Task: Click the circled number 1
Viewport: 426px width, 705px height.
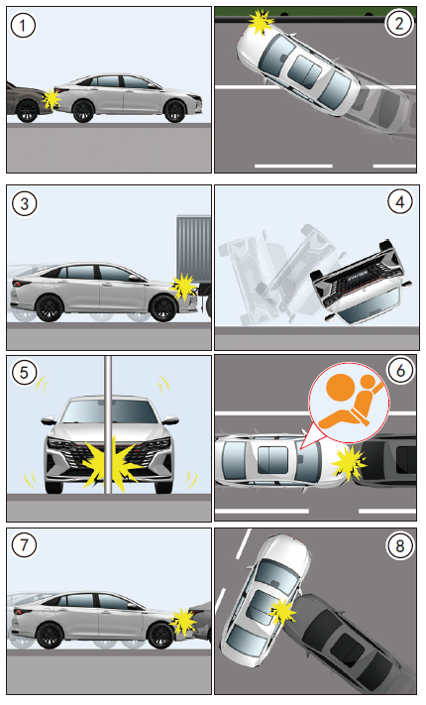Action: point(23,26)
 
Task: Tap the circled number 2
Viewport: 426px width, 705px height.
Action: point(399,24)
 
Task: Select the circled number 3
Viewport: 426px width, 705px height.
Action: point(24,203)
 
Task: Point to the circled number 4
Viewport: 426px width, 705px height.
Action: point(399,202)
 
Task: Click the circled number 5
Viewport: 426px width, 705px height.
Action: point(24,372)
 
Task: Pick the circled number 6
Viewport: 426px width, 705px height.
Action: point(399,371)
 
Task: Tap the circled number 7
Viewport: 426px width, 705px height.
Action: point(24,545)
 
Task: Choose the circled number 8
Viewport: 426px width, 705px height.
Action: point(399,546)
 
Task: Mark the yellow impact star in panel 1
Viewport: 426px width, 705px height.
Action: point(52,99)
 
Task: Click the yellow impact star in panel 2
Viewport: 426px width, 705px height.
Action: point(261,21)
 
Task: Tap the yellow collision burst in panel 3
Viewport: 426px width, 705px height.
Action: point(184,287)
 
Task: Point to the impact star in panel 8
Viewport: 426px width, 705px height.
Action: point(282,612)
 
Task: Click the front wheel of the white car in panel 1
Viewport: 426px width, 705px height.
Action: point(174,111)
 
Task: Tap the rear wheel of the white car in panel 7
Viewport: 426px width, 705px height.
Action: point(49,636)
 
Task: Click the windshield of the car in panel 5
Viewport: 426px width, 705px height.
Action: point(109,411)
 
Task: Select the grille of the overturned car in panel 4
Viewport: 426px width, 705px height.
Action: point(358,275)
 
